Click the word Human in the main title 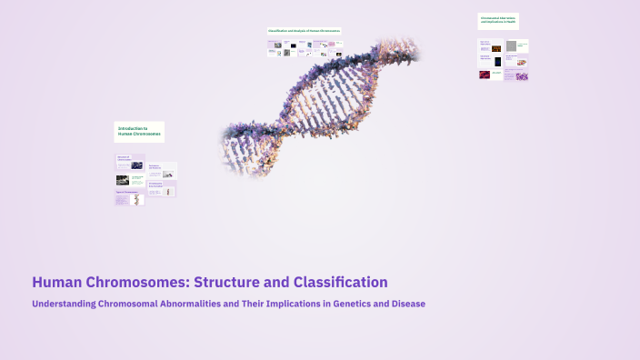point(54,283)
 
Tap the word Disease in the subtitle point(406,304)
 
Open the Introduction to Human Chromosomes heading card point(139,132)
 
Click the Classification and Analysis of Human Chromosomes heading point(304,31)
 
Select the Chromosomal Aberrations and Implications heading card point(498,20)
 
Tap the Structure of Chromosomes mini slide point(128,164)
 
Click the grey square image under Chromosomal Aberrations point(512,45)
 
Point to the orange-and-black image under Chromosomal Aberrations point(496,62)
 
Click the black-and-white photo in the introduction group point(122,180)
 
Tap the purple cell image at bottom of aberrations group point(522,76)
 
